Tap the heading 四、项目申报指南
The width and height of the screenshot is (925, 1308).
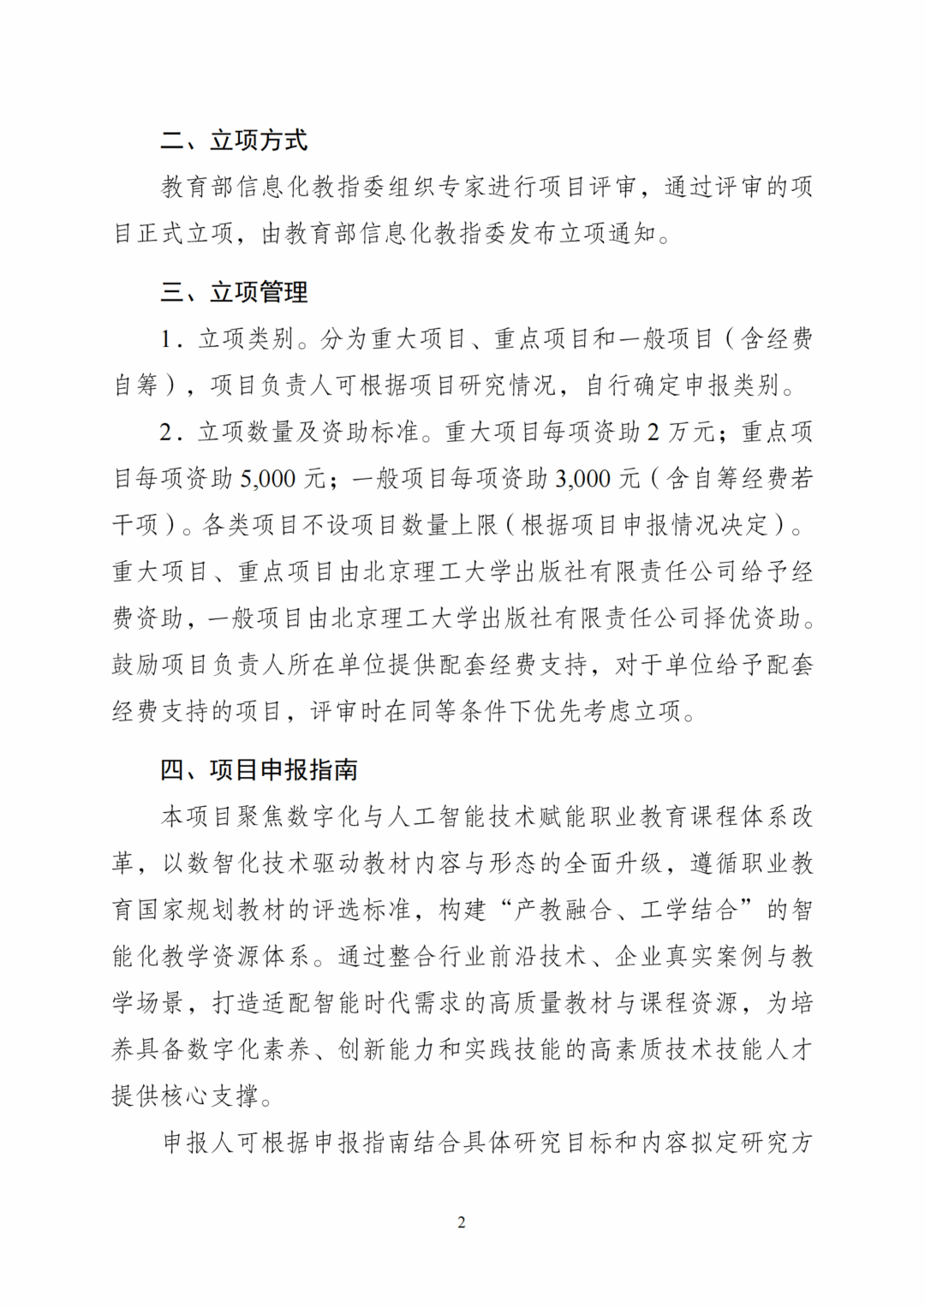click(259, 770)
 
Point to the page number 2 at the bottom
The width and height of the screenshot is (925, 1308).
click(462, 1222)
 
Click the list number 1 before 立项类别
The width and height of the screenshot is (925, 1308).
click(167, 340)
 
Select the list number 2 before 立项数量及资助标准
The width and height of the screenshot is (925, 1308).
click(167, 432)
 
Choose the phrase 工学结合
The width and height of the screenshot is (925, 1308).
click(688, 910)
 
